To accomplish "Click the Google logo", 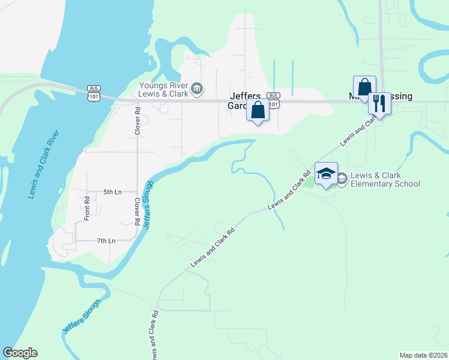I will pyautogui.click(x=20, y=353).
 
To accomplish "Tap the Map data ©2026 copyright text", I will pyautogui.click(x=424, y=355).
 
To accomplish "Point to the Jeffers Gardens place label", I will pyautogui.click(x=244, y=101).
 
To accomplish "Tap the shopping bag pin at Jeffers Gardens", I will pyautogui.click(x=258, y=111).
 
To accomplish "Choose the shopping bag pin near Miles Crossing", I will pyautogui.click(x=364, y=88).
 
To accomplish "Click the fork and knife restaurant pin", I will pyautogui.click(x=379, y=103).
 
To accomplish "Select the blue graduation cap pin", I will pyautogui.click(x=326, y=174).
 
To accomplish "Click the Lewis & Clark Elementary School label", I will pyautogui.click(x=385, y=179).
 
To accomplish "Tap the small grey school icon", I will pyautogui.click(x=342, y=178).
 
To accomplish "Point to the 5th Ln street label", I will pyautogui.click(x=112, y=192).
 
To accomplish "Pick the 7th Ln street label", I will pyautogui.click(x=106, y=241).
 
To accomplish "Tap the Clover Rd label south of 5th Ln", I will pyautogui.click(x=137, y=212).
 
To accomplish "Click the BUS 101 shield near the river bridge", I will pyautogui.click(x=93, y=91).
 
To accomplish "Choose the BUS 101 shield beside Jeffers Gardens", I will pyautogui.click(x=273, y=100).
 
